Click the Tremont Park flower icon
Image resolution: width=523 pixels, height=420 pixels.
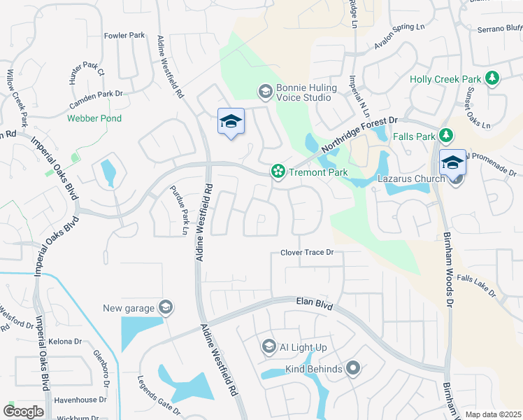(x=278, y=171)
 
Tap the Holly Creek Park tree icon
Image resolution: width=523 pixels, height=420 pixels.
(x=493, y=78)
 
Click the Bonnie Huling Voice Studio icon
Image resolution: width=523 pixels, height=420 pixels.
(x=265, y=91)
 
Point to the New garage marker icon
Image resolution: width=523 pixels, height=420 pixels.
(x=165, y=307)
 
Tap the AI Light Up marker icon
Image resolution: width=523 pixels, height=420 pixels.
(x=268, y=346)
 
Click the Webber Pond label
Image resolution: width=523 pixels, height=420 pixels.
(x=94, y=118)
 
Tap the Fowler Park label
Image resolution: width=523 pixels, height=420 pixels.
(x=124, y=35)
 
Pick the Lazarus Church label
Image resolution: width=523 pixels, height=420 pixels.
(x=411, y=178)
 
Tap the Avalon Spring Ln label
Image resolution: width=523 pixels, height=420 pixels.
(x=399, y=37)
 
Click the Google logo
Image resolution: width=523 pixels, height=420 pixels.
(x=24, y=412)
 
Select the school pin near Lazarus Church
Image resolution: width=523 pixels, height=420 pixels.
(x=452, y=162)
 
